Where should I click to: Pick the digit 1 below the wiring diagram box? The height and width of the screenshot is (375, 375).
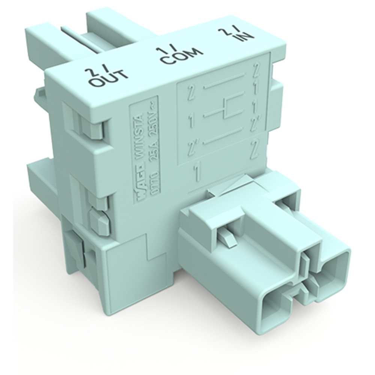(x=196, y=172)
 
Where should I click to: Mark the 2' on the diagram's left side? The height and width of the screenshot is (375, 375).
(x=193, y=145)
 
